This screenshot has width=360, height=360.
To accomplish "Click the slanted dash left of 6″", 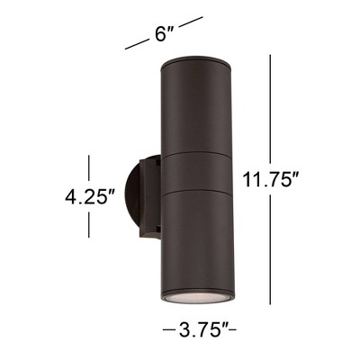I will (136, 44).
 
